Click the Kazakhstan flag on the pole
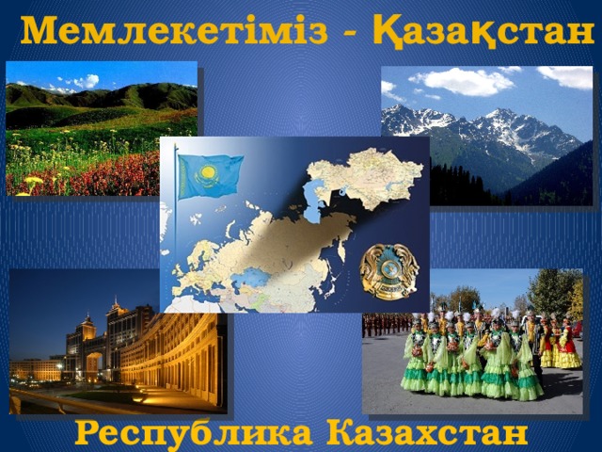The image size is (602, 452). tap(209, 176)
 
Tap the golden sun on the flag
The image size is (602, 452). tap(208, 173)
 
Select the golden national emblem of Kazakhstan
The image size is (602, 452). tap(388, 271)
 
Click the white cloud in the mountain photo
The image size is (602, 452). tap(461, 82)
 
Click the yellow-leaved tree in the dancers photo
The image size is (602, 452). tap(575, 298)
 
